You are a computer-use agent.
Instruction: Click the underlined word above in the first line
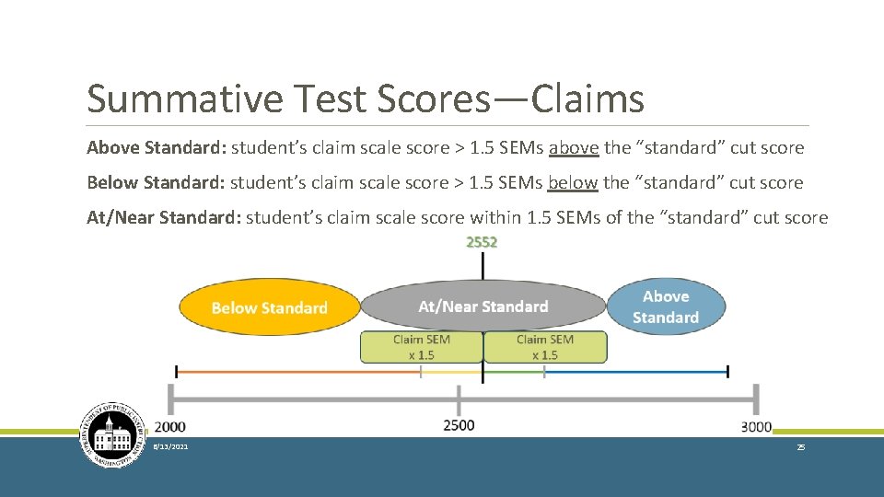[574, 147]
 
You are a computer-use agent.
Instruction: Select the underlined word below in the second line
[573, 182]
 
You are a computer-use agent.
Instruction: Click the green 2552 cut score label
[482, 242]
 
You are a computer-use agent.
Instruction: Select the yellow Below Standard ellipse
[269, 307]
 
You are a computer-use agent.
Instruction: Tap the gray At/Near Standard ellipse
[483, 306]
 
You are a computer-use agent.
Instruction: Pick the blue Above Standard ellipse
[666, 306]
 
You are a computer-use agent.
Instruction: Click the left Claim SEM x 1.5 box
[422, 347]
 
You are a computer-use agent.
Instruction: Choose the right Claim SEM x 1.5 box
[544, 347]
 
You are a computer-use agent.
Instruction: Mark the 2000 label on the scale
[169, 427]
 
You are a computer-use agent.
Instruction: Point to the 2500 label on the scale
[459, 424]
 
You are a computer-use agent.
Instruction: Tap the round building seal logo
[113, 435]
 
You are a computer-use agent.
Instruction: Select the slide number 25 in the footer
[801, 446]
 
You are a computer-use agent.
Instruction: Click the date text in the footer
[171, 446]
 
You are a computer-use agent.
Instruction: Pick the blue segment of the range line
[635, 372]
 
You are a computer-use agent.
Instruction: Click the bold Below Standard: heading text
[156, 182]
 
